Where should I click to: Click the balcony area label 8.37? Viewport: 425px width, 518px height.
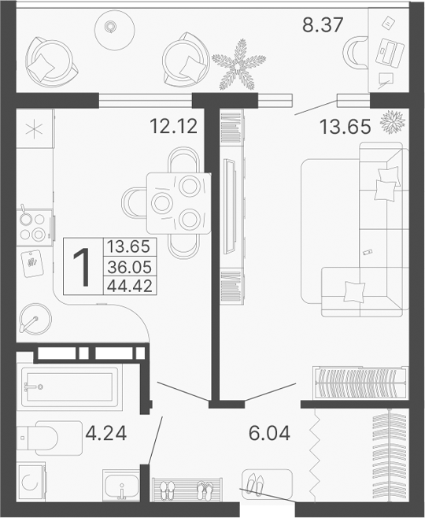point(323,24)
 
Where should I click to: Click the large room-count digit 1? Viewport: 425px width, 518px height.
point(82,265)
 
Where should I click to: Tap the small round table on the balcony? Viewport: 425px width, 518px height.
point(110,28)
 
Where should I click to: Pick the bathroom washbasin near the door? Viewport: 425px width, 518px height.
point(121,483)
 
